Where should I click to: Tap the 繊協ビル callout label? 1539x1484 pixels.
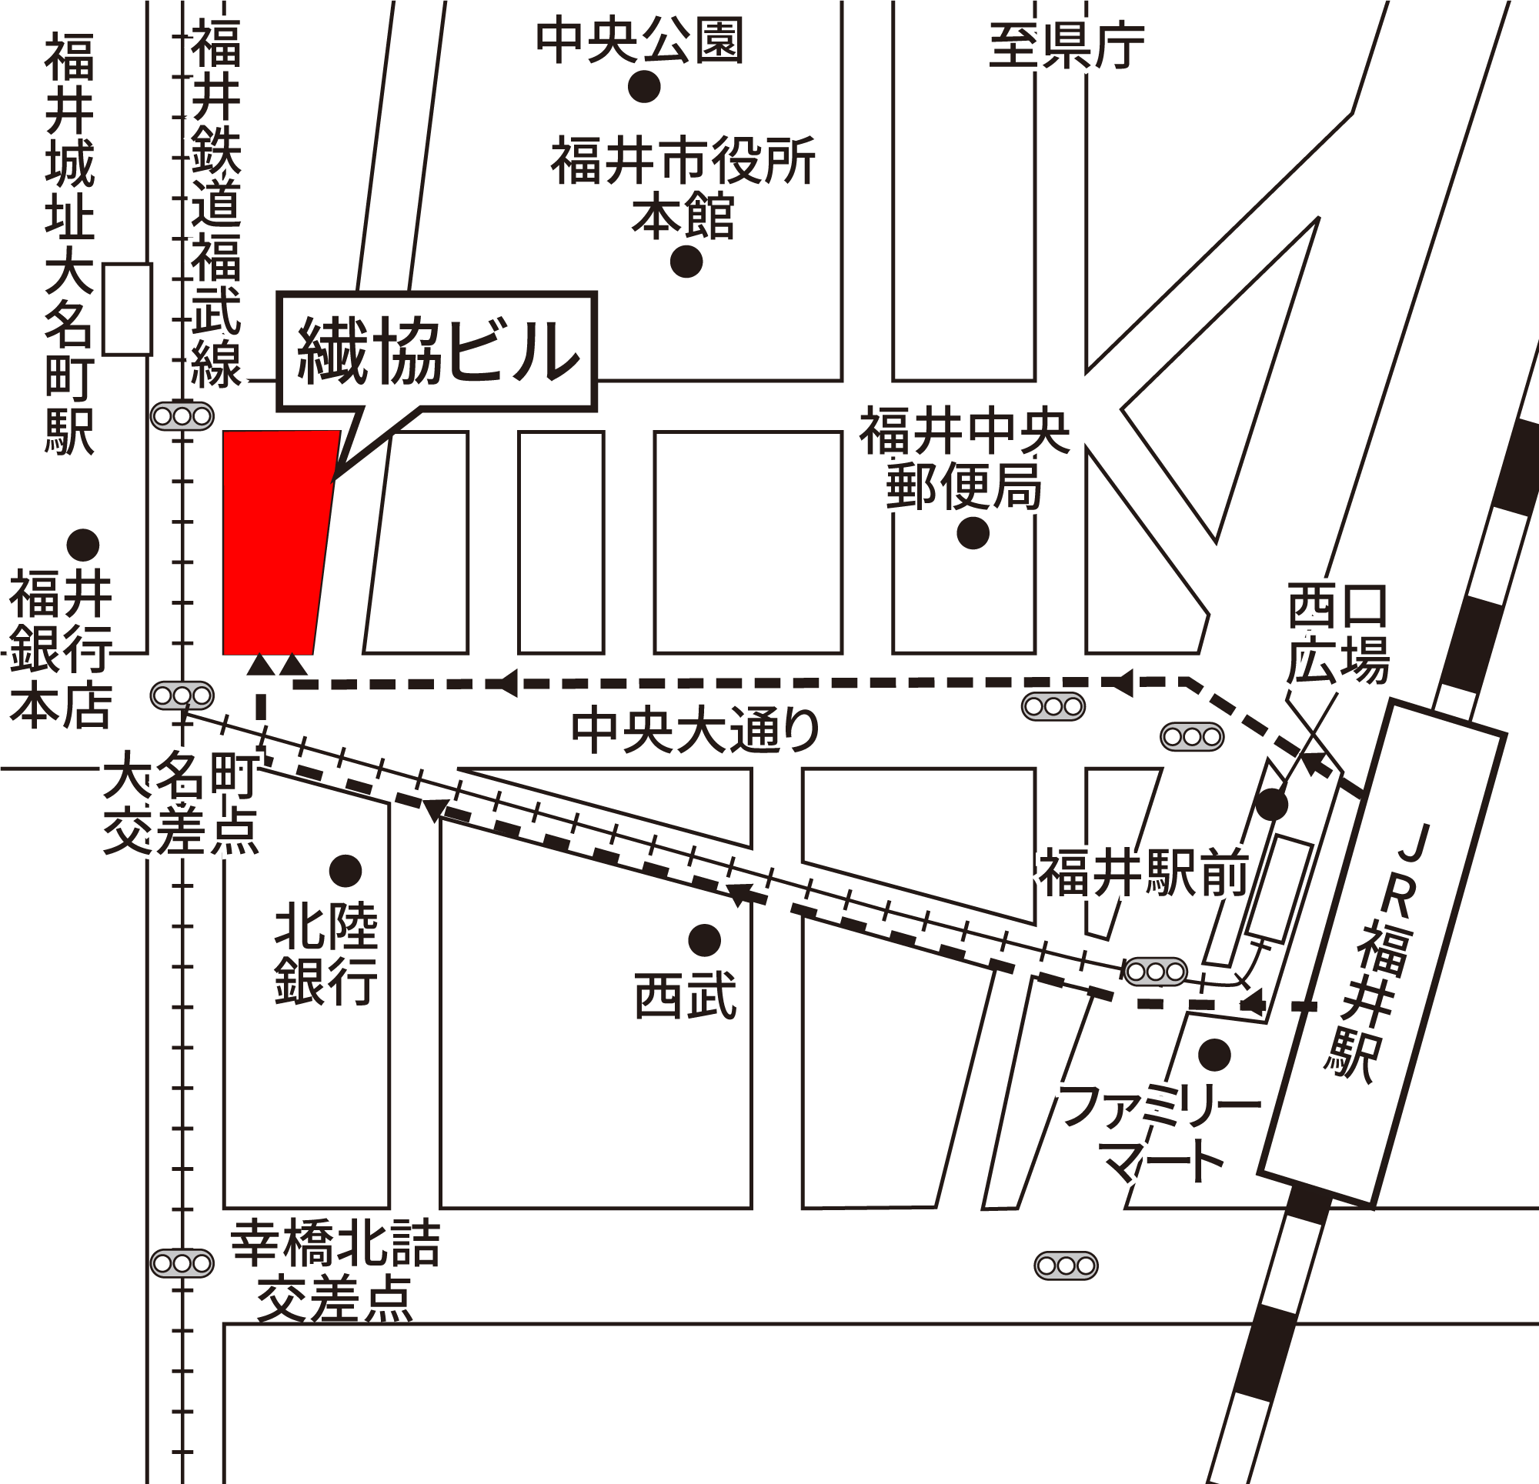click(437, 352)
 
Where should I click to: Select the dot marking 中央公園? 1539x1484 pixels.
click(644, 86)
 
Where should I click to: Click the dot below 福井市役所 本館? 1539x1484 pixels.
click(687, 262)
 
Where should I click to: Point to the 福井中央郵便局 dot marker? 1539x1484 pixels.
click(973, 535)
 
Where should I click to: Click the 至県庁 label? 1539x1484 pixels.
click(1066, 46)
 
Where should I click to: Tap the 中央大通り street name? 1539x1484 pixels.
click(695, 730)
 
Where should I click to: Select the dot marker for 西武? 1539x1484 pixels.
click(704, 940)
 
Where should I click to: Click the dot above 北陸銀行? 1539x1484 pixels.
click(345, 870)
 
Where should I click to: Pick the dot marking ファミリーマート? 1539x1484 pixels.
click(1216, 1055)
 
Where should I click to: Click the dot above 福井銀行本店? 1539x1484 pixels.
click(82, 544)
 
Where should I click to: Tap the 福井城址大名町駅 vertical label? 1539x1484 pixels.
click(69, 243)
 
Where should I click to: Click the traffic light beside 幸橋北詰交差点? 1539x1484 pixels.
click(182, 1262)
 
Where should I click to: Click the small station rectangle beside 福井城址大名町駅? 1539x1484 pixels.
click(128, 309)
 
